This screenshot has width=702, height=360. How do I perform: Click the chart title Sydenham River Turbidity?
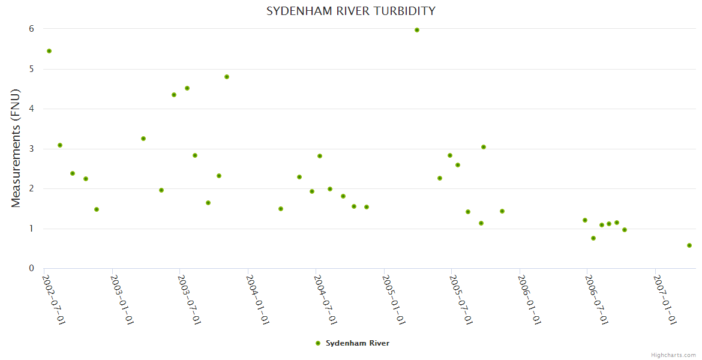coord(351,11)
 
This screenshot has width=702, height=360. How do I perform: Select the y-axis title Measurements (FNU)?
coord(16,148)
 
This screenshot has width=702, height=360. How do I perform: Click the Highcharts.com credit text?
coord(673,355)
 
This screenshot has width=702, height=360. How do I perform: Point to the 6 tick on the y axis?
coord(31,29)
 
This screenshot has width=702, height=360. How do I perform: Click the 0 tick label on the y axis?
coord(31,268)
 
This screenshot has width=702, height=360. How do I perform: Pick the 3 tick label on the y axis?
coord(31,149)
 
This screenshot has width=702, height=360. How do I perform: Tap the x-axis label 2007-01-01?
coord(665,299)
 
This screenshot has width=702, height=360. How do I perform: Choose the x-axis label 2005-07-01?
coord(461,299)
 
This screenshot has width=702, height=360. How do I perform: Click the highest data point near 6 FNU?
coord(417,30)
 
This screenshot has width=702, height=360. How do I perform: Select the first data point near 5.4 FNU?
coord(49,51)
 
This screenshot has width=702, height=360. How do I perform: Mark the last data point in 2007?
coord(689,245)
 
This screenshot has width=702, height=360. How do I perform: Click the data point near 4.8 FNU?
coord(227,77)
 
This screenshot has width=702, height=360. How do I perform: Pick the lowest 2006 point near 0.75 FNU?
coord(593,238)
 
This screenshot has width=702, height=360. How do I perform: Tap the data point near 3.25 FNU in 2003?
coord(143,139)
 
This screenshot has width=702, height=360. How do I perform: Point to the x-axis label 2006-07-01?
coord(596,299)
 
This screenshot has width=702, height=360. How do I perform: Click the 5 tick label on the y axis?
coord(31,69)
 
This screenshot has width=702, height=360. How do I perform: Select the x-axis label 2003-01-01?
coord(122,299)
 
